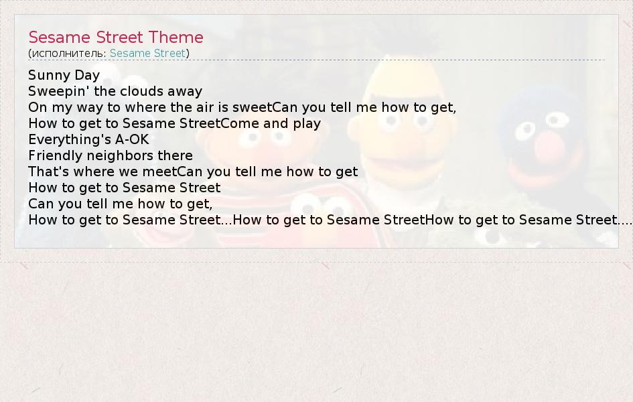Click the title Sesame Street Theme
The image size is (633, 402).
click(116, 37)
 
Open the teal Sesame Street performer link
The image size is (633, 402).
click(147, 53)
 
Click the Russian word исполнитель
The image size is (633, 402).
click(67, 54)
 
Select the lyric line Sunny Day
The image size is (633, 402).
click(64, 75)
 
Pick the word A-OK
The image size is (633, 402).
click(132, 139)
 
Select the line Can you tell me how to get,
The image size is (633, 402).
click(121, 204)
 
